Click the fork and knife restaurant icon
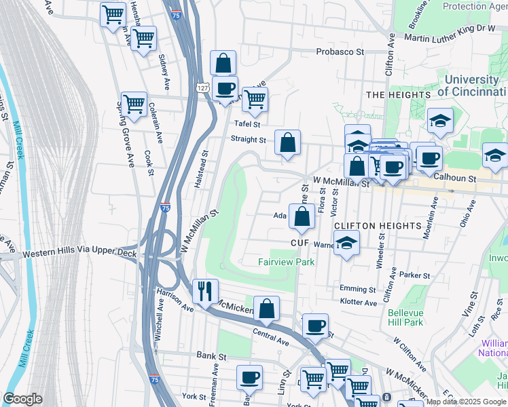click(205, 292)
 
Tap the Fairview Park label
click(286, 262)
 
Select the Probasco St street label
click(340, 52)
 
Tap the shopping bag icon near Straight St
click(288, 143)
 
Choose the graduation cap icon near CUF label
click(347, 243)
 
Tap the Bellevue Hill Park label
click(405, 317)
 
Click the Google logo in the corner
click(22, 399)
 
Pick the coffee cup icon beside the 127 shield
click(225, 89)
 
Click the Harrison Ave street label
click(175, 299)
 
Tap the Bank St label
click(211, 355)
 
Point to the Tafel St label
click(247, 124)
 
